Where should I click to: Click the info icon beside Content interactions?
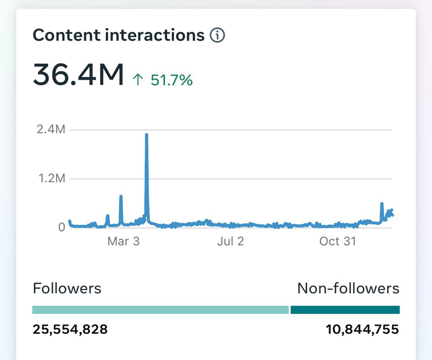217,35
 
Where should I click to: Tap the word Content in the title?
67,35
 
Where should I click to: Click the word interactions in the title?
155,35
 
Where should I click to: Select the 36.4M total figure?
78,74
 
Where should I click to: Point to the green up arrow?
138,80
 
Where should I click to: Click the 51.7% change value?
172,80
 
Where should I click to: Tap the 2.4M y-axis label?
51,129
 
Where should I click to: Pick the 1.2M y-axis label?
52,178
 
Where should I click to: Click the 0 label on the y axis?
62,227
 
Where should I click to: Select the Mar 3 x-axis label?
123,241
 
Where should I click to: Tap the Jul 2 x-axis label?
231,241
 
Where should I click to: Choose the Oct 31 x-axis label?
338,241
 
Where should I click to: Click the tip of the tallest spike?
147,134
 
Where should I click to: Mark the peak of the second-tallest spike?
121,196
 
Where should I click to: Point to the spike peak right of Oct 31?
382,203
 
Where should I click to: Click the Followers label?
67,288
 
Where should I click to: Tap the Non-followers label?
348,288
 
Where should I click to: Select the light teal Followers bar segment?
160,310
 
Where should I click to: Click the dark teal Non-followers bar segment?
345,310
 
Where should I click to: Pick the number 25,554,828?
70,329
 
